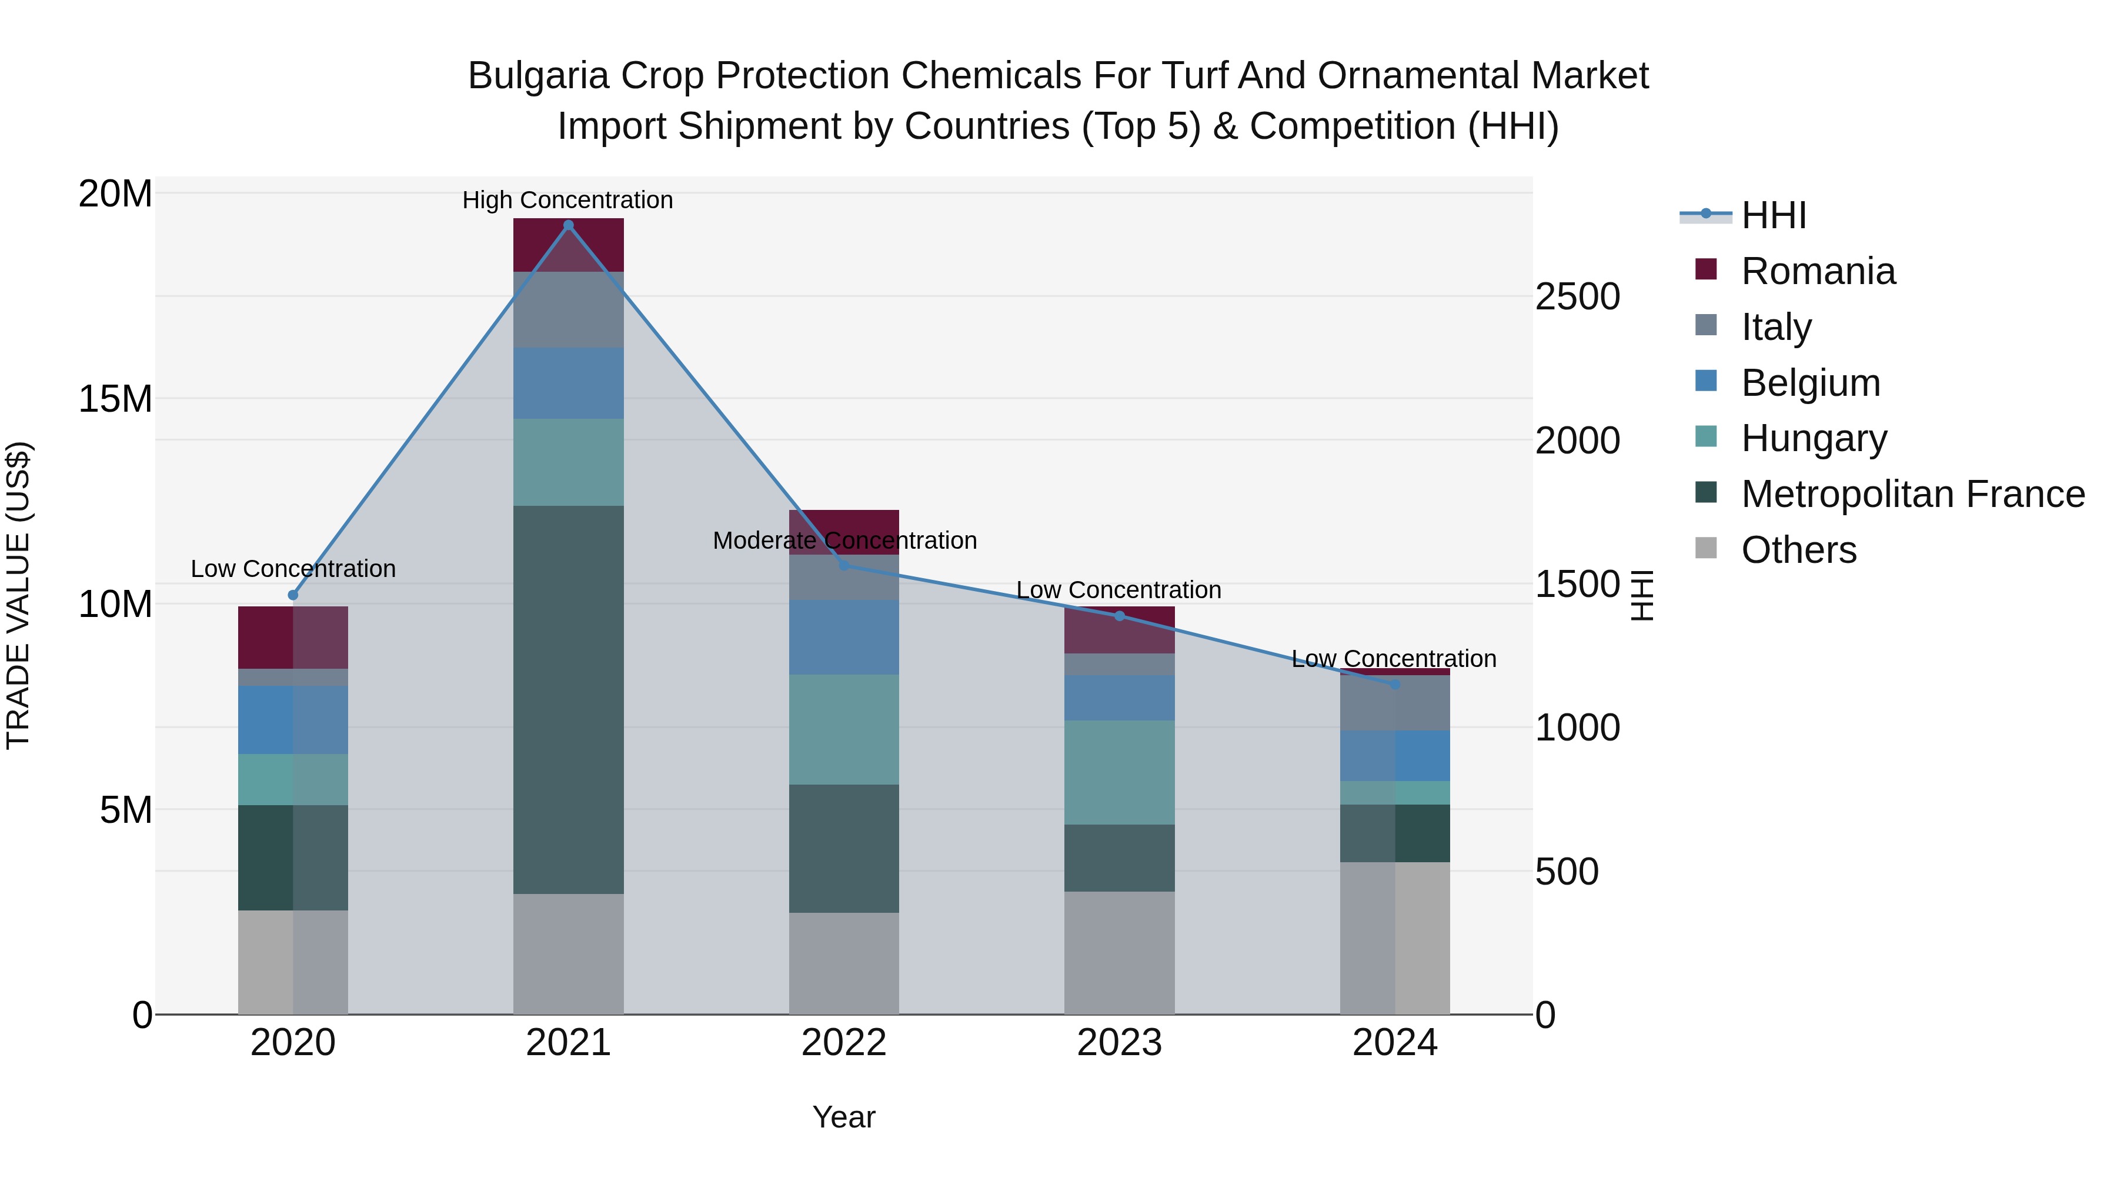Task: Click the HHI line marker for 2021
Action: [568, 225]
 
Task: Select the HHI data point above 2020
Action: [293, 595]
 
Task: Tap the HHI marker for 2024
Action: [1395, 684]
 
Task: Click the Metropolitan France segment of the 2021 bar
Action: [568, 699]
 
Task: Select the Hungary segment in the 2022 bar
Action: [843, 729]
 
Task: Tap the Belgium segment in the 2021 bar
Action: [568, 383]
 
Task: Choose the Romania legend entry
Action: [1817, 271]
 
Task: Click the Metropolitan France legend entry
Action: [1912, 494]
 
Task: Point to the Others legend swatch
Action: [1706, 548]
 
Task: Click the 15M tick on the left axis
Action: [115, 399]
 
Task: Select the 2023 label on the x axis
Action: [1118, 1043]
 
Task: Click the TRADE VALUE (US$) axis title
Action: [18, 595]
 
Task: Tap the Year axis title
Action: [843, 1117]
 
